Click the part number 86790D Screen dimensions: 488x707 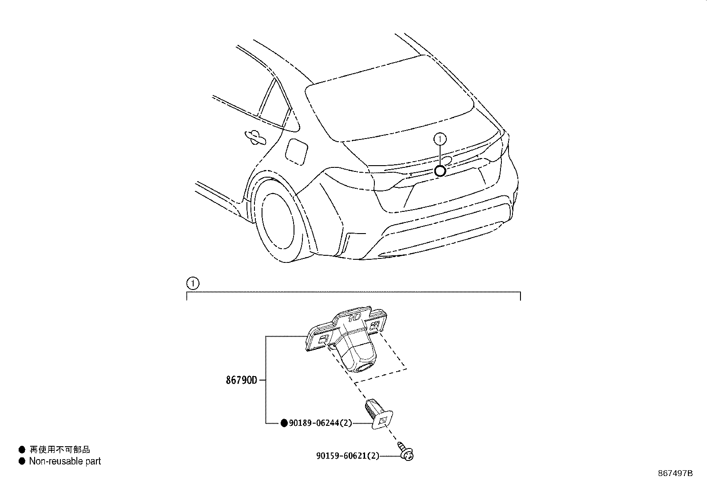click(242, 381)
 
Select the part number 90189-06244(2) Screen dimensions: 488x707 click(320, 424)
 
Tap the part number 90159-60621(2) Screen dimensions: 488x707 click(348, 456)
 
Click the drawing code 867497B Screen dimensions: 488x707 click(675, 473)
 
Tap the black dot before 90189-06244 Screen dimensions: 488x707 click(284, 424)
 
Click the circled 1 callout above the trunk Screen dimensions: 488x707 click(440, 139)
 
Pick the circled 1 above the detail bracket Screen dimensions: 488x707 click(192, 283)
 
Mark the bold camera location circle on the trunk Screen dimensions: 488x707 click(440, 171)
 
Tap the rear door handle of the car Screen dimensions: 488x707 click(254, 137)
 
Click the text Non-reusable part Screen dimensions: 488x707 click(65, 461)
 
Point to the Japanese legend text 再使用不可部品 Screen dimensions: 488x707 click(60, 450)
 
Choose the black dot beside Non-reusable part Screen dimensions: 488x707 click(22, 461)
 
